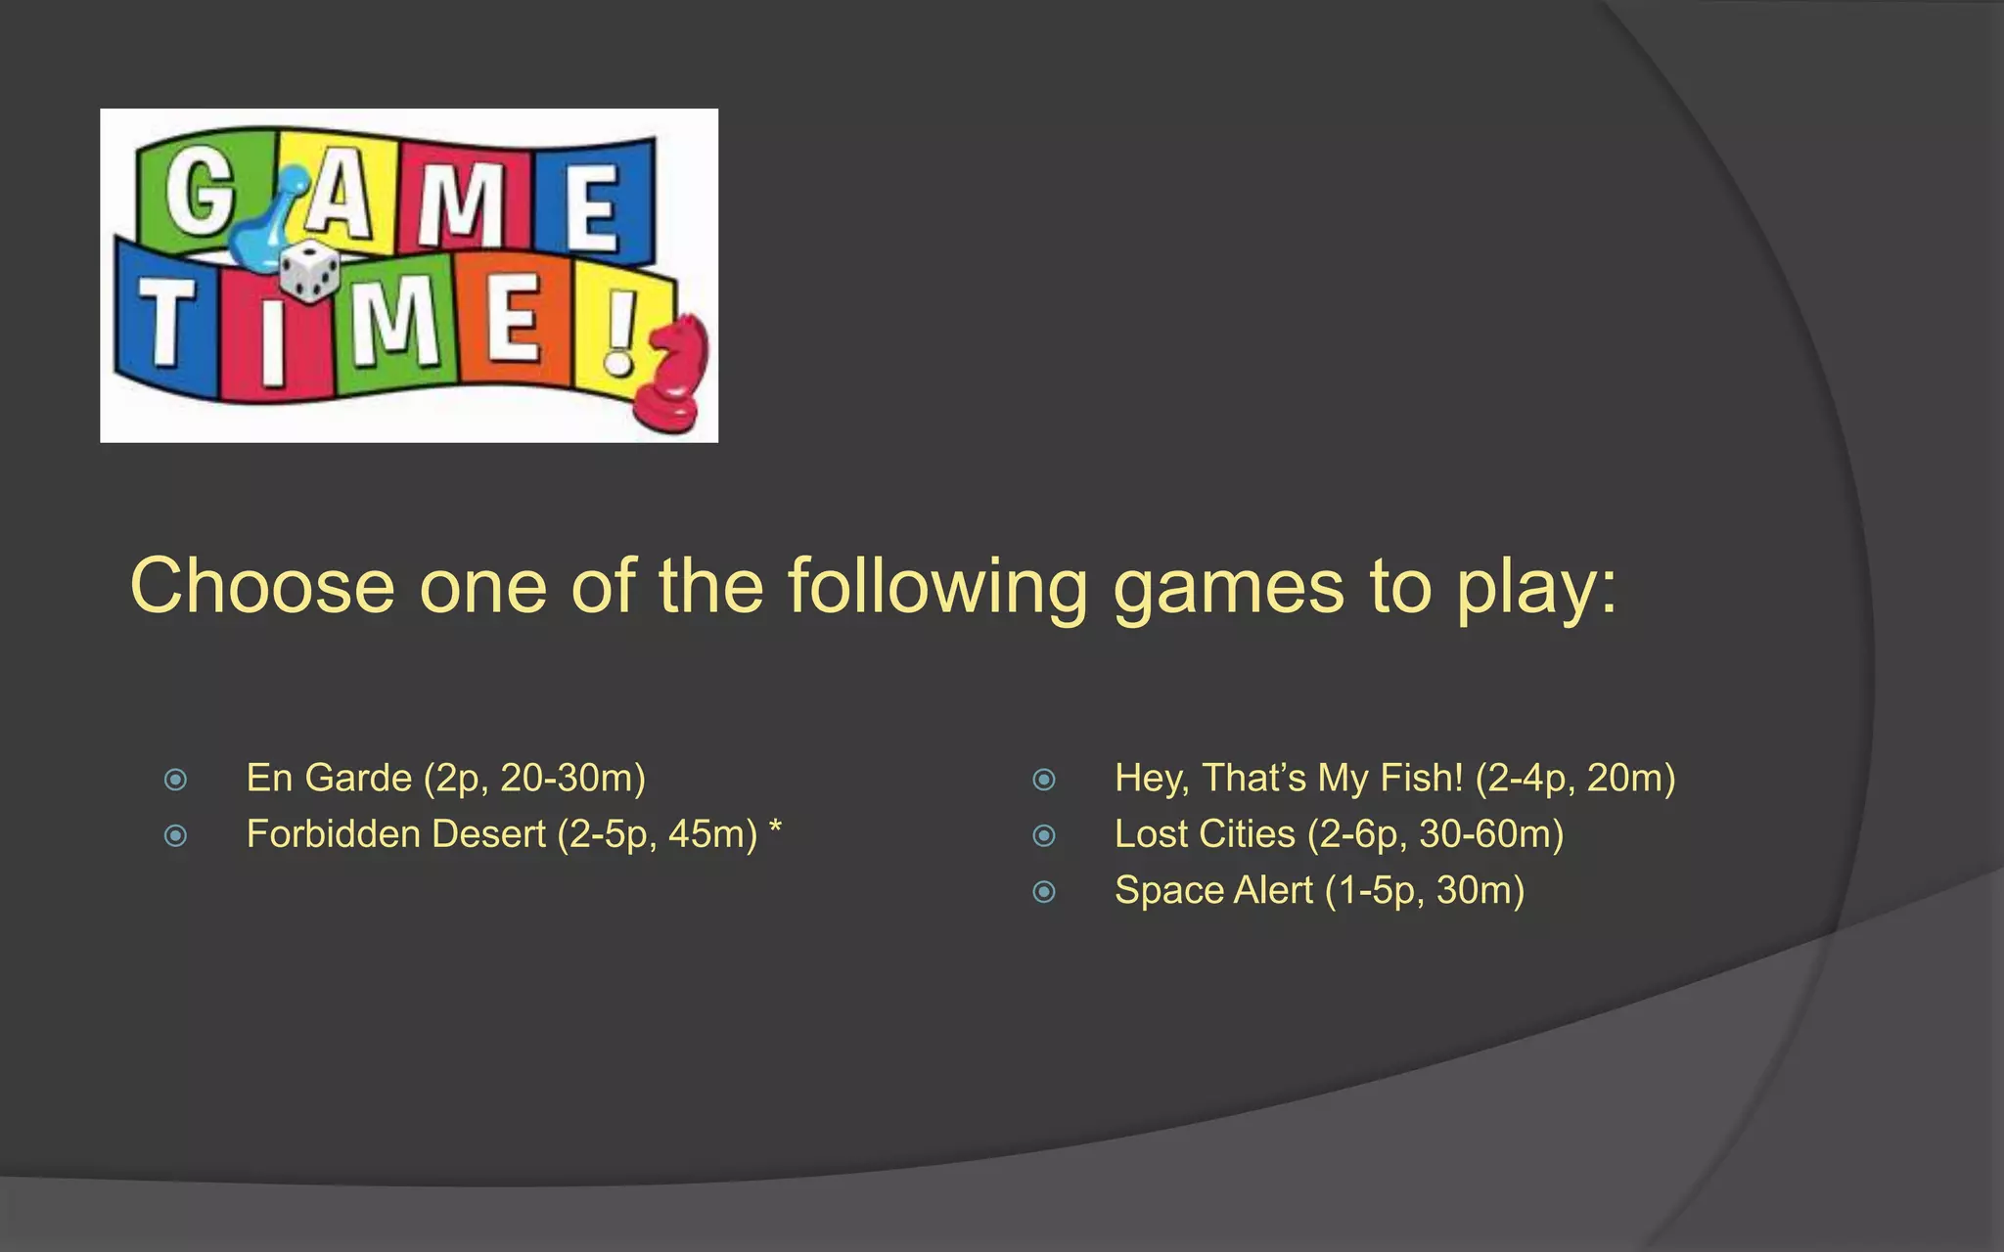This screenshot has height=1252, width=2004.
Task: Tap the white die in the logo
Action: point(309,271)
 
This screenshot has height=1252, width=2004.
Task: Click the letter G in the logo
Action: point(199,191)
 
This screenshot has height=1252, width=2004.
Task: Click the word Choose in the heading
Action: point(262,586)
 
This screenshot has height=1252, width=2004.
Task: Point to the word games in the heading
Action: point(1228,588)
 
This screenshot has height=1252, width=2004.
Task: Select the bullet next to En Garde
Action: point(176,780)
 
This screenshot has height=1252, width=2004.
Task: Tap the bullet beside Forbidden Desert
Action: point(176,835)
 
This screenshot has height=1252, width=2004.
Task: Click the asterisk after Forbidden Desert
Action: point(775,829)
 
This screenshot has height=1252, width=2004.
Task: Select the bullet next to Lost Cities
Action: point(1044,835)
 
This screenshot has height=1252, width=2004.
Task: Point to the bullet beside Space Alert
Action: point(1044,892)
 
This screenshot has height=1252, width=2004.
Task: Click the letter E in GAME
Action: point(592,205)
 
